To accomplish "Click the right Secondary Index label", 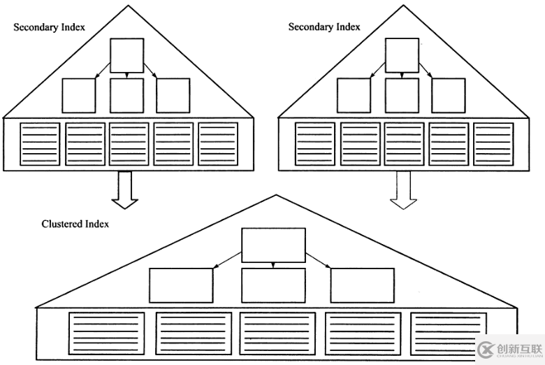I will click(x=324, y=27).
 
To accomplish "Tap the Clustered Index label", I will click(x=75, y=224).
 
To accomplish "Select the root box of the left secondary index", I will click(x=127, y=55).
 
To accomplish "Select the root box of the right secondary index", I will click(x=402, y=55).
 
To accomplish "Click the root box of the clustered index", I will click(x=273, y=245).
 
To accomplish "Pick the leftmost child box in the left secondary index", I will click(x=78, y=96).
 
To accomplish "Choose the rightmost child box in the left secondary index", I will click(x=173, y=96).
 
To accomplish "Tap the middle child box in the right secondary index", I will click(x=402, y=96).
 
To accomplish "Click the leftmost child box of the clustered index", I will click(x=180, y=285).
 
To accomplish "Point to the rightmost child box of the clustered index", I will click(x=363, y=285).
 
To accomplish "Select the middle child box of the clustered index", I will click(x=273, y=285).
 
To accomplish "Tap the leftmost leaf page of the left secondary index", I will click(x=40, y=144).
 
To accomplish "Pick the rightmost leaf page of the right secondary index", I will click(x=493, y=144).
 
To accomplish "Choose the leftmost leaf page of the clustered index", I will click(x=107, y=334).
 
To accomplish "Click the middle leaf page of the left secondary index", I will click(x=129, y=144).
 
